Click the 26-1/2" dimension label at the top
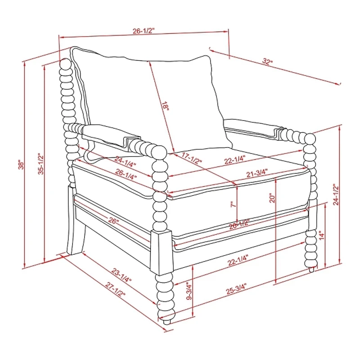[x=144, y=31]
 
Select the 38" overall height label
[x=21, y=164]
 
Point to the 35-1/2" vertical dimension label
[x=40, y=164]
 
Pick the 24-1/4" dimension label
[x=126, y=161]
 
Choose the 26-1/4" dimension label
[x=126, y=174]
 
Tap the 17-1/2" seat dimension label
[x=192, y=158]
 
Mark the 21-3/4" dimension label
[x=257, y=173]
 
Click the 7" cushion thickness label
[x=233, y=204]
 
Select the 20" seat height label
[x=272, y=198]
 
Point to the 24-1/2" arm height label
[x=336, y=194]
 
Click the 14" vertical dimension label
[x=322, y=235]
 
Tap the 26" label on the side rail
[x=113, y=221]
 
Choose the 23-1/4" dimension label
[x=121, y=275]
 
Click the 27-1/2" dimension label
[x=116, y=289]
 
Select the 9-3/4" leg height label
[x=189, y=291]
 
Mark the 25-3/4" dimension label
[x=236, y=289]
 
